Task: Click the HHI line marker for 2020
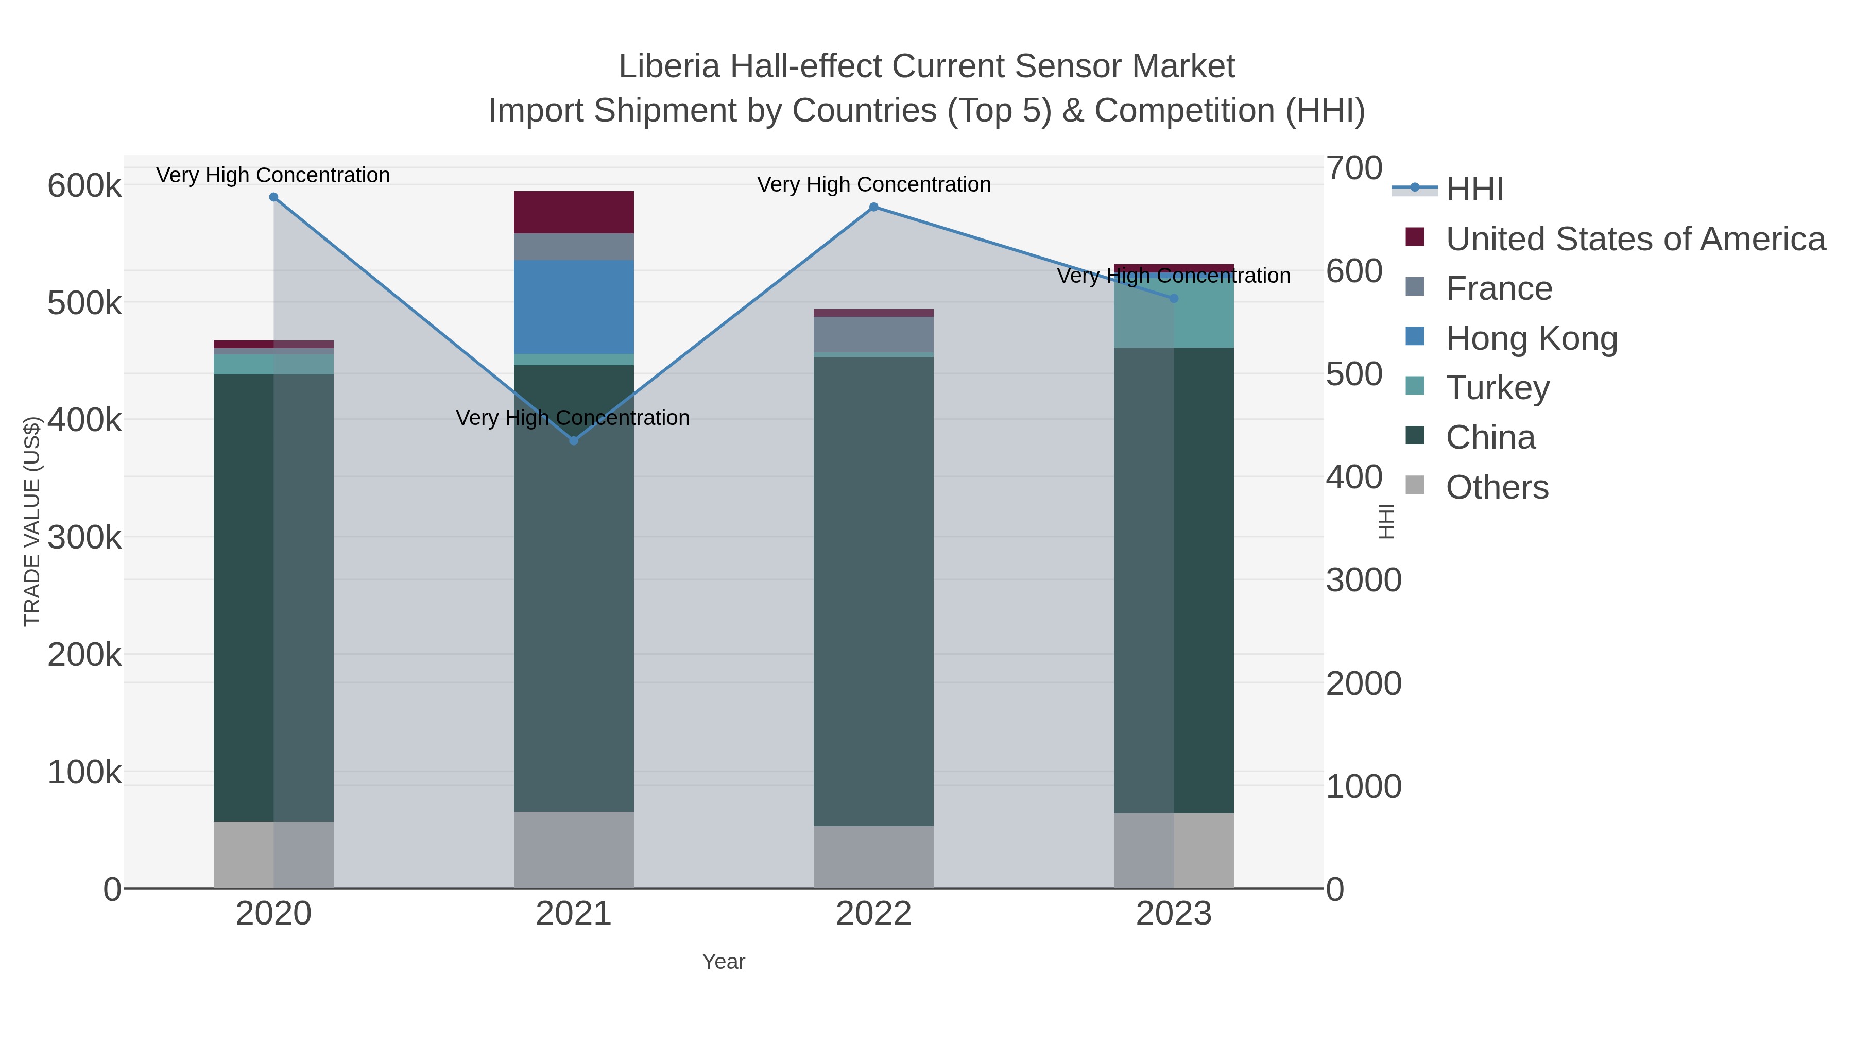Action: coord(273,197)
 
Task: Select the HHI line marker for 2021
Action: coord(574,440)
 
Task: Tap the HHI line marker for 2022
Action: coord(874,207)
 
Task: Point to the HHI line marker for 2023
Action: coord(1174,298)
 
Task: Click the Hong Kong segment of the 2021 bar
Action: coord(574,306)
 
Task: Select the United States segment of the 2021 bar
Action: coord(574,212)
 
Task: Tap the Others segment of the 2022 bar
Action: coord(874,857)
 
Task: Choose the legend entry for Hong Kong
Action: coord(1532,338)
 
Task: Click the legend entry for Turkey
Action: coord(1497,388)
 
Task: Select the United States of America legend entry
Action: coord(1635,239)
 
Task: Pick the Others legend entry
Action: coord(1497,487)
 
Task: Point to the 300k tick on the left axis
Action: coord(84,537)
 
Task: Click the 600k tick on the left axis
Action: coord(84,186)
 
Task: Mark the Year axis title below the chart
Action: coord(724,962)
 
